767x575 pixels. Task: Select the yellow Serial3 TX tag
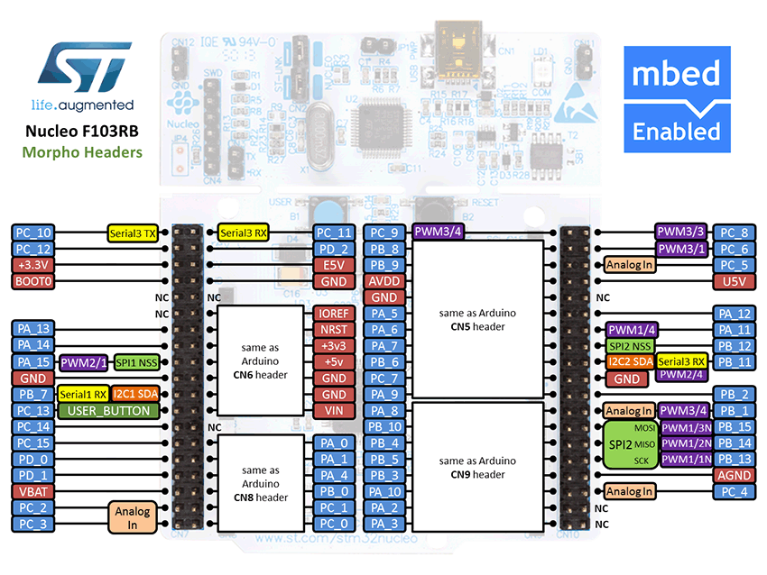click(x=134, y=233)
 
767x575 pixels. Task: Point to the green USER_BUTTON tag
click(x=108, y=411)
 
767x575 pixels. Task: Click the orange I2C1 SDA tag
click(x=135, y=395)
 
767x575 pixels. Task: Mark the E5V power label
click(x=334, y=265)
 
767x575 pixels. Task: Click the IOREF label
click(x=334, y=314)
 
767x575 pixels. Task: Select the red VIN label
click(x=334, y=411)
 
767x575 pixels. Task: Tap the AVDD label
click(x=385, y=281)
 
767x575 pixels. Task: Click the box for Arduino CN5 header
click(x=477, y=319)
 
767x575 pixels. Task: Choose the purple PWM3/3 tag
click(x=681, y=233)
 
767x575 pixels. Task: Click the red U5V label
click(x=733, y=281)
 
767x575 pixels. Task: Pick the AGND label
click(x=733, y=475)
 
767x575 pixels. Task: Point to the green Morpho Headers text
click(x=83, y=152)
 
